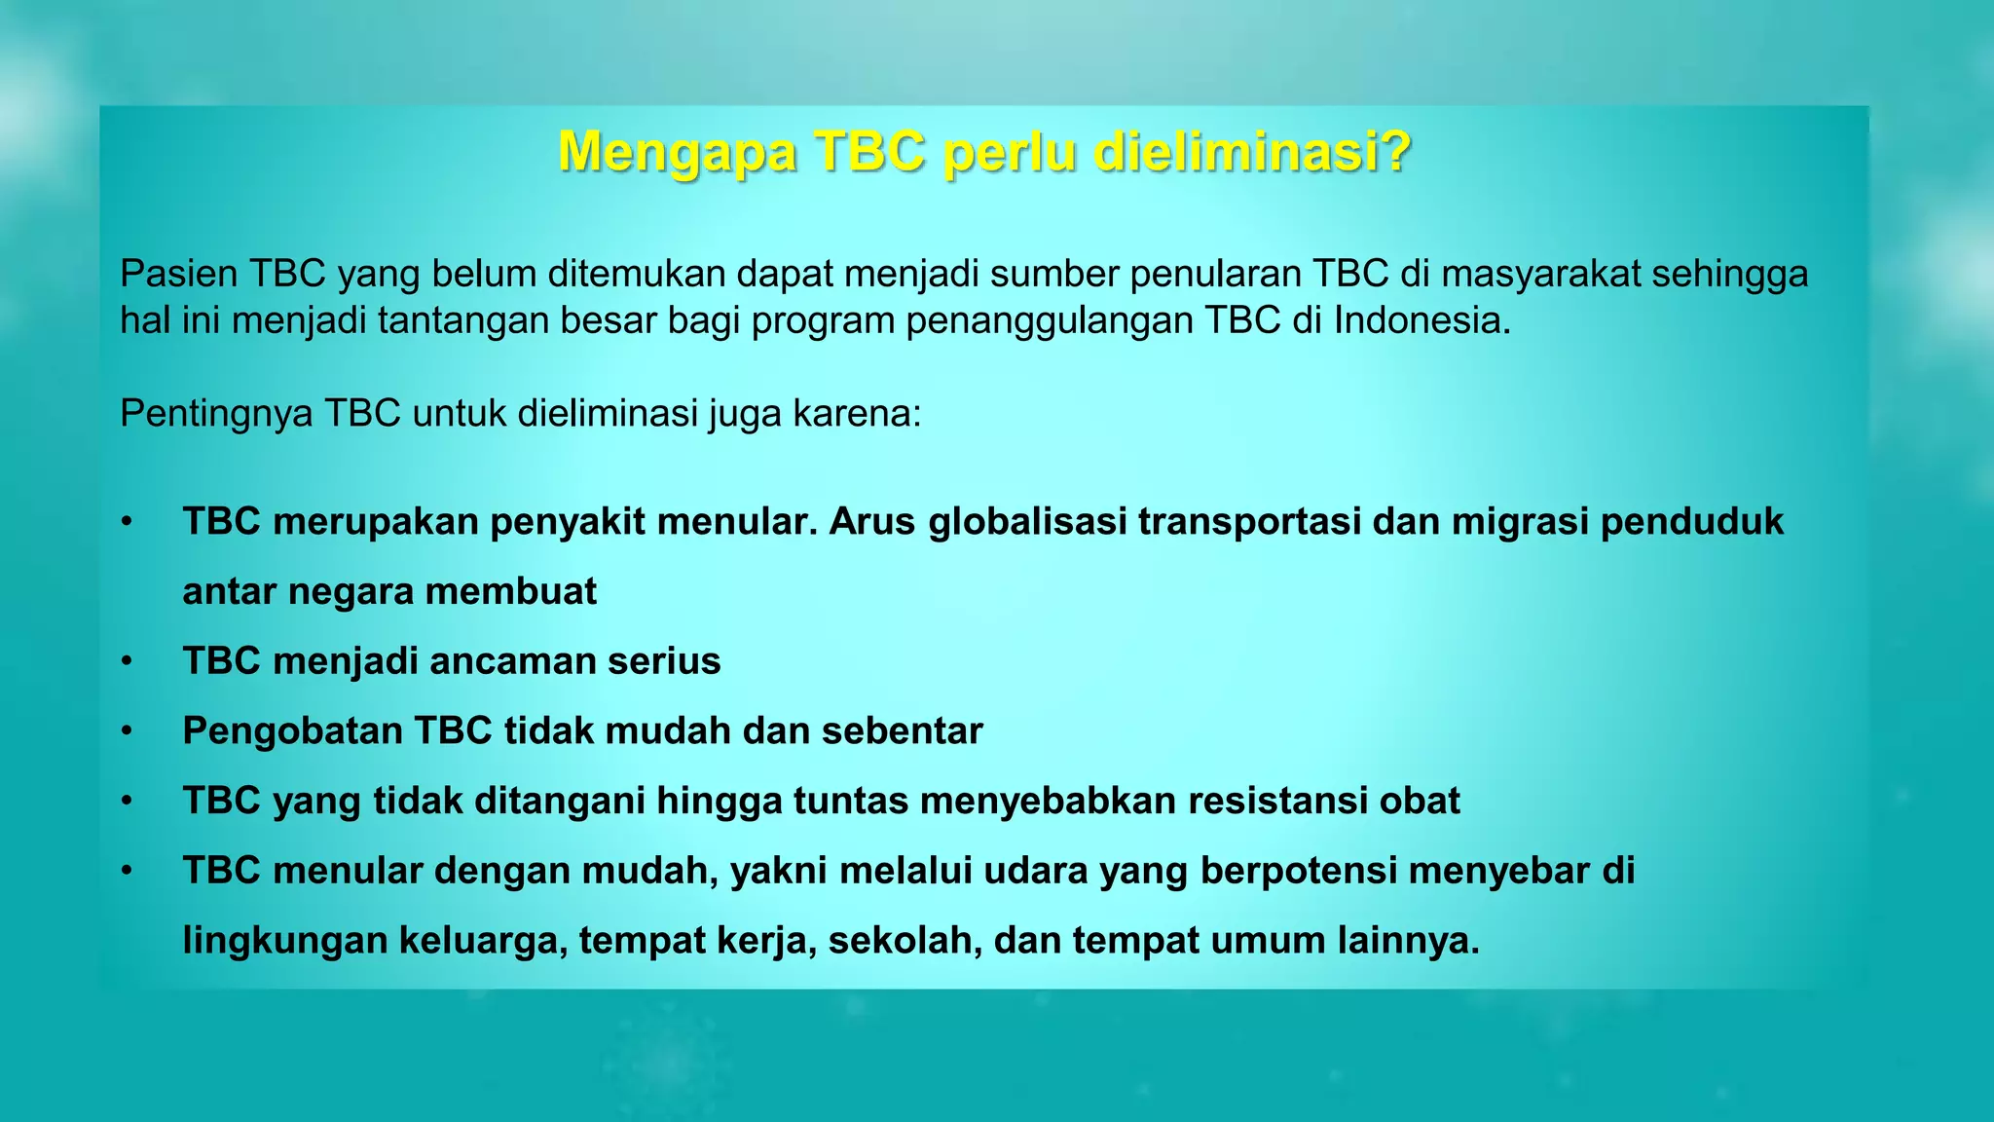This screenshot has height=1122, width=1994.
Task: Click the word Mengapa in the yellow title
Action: (x=678, y=153)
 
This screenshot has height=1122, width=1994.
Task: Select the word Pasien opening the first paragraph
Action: (x=179, y=275)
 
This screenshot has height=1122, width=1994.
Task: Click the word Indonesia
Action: (x=1421, y=319)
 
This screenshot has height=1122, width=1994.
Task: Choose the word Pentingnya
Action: (x=216, y=414)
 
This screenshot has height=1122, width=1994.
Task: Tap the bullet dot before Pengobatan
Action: (x=127, y=731)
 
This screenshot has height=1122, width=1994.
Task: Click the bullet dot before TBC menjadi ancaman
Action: (x=127, y=661)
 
